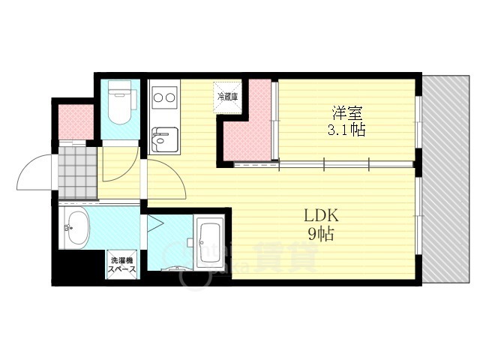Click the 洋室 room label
346,113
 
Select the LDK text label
322,216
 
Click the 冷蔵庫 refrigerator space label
227,96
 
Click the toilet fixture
119,104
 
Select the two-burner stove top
163,97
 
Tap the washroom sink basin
76,227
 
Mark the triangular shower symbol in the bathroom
157,224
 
